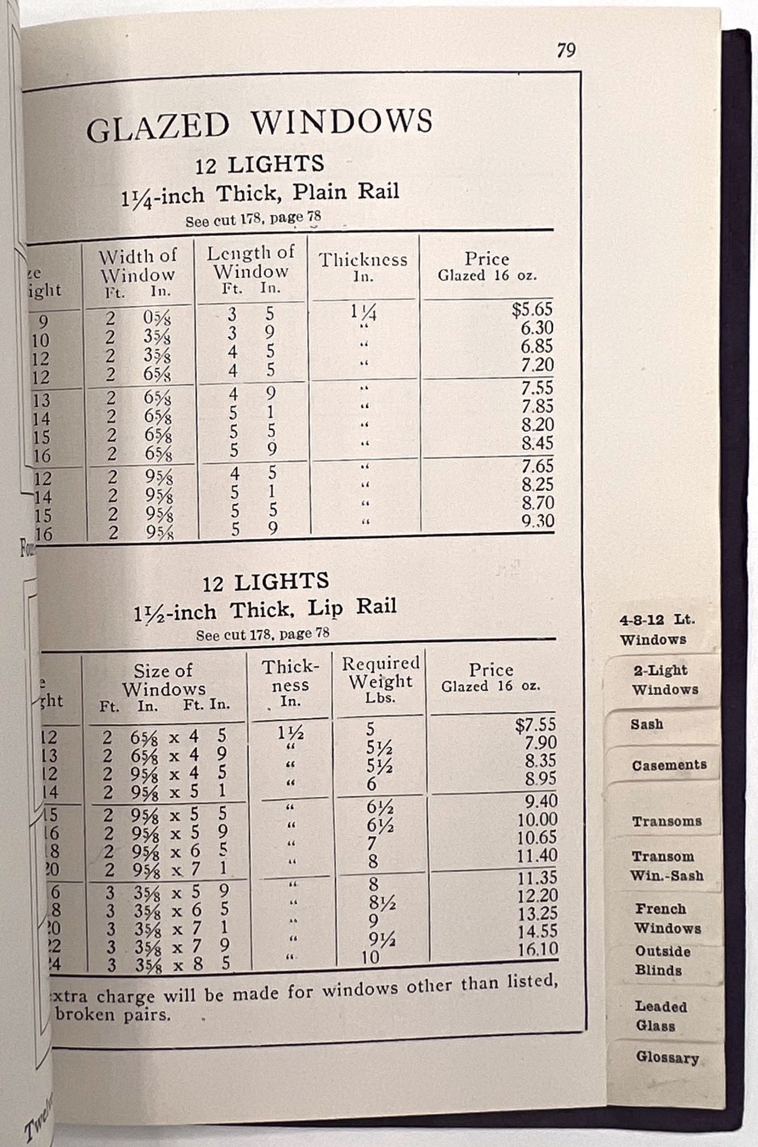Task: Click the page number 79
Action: tap(565, 50)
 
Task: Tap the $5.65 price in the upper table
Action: tap(532, 310)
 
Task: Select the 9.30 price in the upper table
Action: tap(537, 521)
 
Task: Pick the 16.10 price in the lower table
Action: tap(537, 949)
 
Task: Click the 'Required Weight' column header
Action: tap(380, 679)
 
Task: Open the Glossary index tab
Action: tap(667, 1058)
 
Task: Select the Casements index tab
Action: tap(669, 765)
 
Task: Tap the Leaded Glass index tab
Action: tap(660, 1016)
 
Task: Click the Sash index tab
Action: tap(647, 724)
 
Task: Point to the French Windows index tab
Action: tap(667, 918)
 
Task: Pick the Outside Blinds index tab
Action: tap(662, 961)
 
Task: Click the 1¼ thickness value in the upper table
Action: tap(363, 312)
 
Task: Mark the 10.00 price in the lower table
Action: tap(537, 820)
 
